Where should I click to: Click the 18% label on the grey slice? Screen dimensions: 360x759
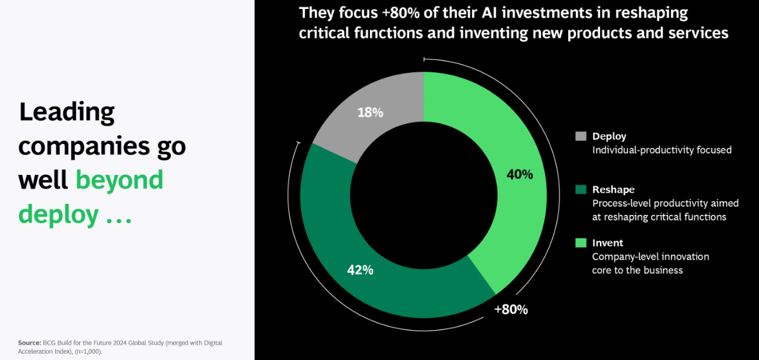(x=370, y=113)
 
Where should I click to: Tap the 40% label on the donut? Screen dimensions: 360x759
(x=520, y=174)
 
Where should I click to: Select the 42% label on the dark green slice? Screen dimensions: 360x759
(x=360, y=270)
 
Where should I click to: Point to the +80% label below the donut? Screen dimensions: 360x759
(x=511, y=310)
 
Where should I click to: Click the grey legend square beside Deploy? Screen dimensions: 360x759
(x=580, y=136)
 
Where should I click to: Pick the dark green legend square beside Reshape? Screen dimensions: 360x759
(x=580, y=190)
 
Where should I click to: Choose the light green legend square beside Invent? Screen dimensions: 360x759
(x=580, y=243)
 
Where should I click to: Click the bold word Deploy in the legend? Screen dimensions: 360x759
(x=609, y=136)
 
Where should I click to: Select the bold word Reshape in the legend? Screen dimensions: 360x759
(x=613, y=190)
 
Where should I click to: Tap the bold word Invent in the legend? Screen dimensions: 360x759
(x=608, y=243)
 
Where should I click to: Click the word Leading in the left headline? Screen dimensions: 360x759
(x=67, y=112)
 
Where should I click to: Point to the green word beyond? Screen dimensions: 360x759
(x=119, y=180)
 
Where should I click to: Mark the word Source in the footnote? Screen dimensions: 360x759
(x=30, y=343)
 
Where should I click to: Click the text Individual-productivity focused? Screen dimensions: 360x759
(x=662, y=150)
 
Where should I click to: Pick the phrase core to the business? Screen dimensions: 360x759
(x=637, y=270)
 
